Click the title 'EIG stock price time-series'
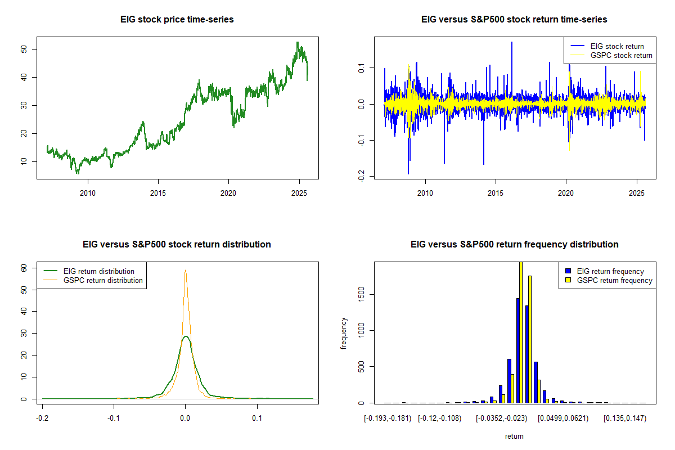click(x=177, y=20)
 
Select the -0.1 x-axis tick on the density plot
click(x=114, y=418)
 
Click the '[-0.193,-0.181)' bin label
click(x=388, y=418)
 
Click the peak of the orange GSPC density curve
click(x=185, y=270)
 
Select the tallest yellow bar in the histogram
click(x=521, y=332)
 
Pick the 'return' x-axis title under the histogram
click(x=514, y=436)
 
